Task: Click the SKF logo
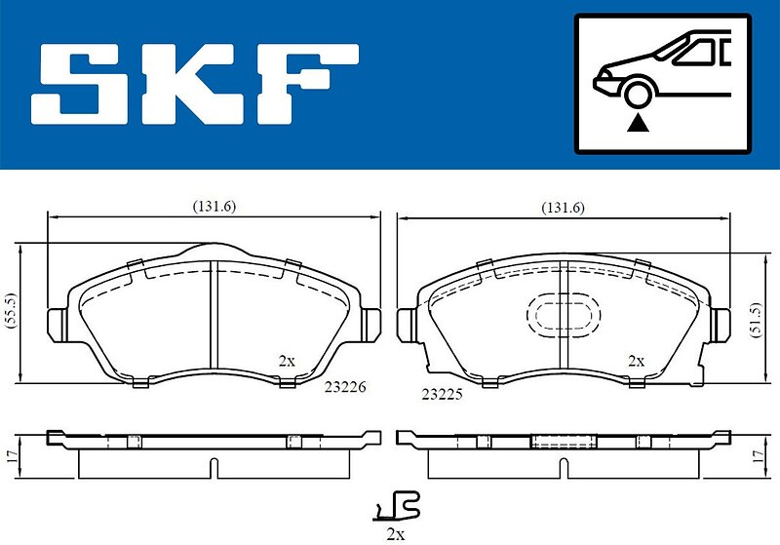click(194, 84)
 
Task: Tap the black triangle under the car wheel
click(638, 123)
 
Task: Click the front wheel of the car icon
click(638, 94)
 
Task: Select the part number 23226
click(345, 386)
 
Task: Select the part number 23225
click(442, 394)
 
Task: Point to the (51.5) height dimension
click(757, 320)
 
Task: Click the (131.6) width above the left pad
click(214, 207)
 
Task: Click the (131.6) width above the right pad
click(564, 208)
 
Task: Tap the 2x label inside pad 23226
click(287, 361)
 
